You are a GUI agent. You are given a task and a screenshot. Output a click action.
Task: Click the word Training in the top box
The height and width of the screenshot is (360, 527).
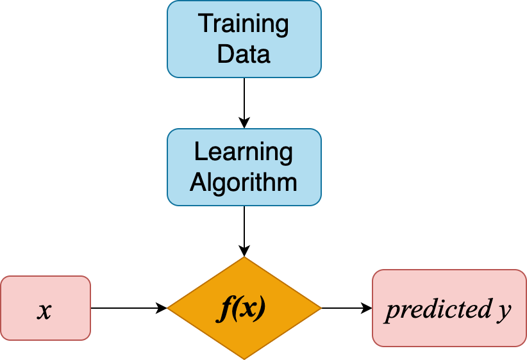click(x=244, y=26)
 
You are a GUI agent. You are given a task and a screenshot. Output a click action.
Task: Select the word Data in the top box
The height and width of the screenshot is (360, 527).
click(x=244, y=54)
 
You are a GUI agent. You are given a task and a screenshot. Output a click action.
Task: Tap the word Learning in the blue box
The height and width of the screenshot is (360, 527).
click(x=244, y=153)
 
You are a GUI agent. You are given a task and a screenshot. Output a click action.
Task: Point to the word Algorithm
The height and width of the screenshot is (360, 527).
click(x=244, y=182)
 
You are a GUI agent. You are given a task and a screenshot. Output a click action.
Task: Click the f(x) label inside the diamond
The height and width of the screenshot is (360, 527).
click(x=243, y=309)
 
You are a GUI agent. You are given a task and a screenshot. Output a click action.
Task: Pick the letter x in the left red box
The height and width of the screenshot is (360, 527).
click(x=44, y=310)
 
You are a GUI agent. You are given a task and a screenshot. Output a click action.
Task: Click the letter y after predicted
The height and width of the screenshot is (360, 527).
click(x=504, y=311)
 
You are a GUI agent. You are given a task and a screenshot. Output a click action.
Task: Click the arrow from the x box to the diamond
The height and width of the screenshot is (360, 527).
click(x=128, y=308)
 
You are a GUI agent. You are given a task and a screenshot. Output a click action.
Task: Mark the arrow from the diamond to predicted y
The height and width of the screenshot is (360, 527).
click(x=346, y=308)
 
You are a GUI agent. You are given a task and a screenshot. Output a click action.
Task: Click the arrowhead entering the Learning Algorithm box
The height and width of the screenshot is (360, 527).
click(x=244, y=124)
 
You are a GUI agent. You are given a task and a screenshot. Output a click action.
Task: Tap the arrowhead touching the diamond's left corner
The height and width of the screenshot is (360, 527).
click(x=162, y=308)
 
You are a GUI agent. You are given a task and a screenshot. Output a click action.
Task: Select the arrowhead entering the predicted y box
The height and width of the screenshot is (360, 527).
click(x=367, y=308)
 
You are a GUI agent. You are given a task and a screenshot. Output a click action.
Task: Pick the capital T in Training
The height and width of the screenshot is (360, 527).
click(x=205, y=25)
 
